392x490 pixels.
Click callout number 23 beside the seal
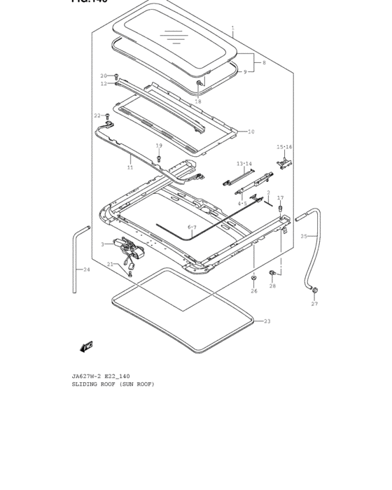pos(267,321)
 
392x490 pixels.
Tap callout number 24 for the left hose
pos(86,269)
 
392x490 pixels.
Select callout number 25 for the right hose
pos(304,237)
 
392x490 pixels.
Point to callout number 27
pos(314,304)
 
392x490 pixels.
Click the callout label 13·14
pos(244,164)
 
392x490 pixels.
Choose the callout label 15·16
pos(284,147)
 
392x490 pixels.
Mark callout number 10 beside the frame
pos(251,132)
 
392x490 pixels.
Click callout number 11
pos(130,167)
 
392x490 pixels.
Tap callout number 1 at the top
pos(233,29)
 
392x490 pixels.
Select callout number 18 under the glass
pos(198,101)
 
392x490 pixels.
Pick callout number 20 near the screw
pos(104,76)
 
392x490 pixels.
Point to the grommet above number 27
pos(314,290)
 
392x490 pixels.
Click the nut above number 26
pos(253,279)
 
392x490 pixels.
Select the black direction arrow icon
pos(87,346)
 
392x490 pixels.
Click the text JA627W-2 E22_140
pos(100,376)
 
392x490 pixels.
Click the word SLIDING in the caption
pos(85,384)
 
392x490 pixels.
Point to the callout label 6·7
pos(192,227)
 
